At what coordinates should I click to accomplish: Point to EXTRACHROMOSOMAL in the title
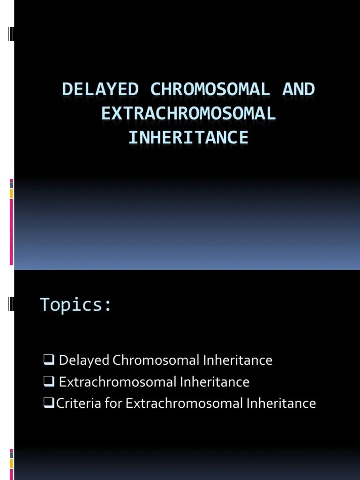click(x=188, y=114)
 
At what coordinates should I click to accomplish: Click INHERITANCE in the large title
click(x=188, y=138)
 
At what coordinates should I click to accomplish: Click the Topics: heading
click(x=76, y=305)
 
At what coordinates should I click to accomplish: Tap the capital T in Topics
click(x=45, y=305)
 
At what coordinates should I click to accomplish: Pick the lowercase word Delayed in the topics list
click(x=83, y=360)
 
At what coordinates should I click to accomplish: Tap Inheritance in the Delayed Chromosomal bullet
click(x=238, y=360)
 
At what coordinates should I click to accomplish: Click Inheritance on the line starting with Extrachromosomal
click(x=215, y=382)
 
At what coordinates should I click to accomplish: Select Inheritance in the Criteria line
click(x=282, y=403)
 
